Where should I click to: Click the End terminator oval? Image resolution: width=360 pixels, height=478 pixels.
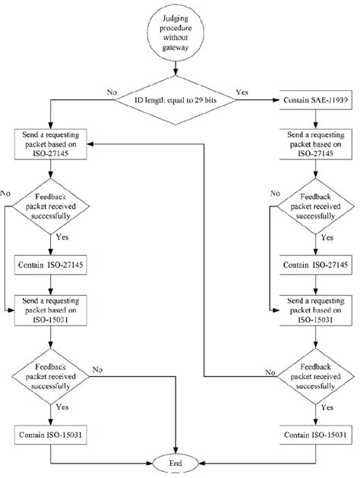(x=178, y=461)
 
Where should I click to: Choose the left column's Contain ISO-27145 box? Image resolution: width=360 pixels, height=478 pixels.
(x=51, y=265)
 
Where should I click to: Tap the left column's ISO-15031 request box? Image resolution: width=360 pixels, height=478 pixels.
(x=51, y=306)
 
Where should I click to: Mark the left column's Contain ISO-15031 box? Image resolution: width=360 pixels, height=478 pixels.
(x=51, y=434)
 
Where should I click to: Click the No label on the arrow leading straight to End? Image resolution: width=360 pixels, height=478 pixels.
(x=98, y=369)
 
